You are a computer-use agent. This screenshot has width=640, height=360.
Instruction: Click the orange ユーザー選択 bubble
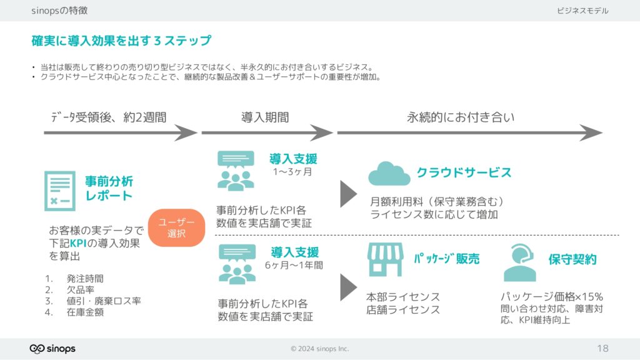pyautogui.click(x=176, y=227)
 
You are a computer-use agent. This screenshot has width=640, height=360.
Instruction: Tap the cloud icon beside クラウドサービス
pyautogui.click(x=389, y=174)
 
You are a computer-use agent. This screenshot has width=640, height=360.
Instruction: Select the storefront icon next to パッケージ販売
pyautogui.click(x=385, y=259)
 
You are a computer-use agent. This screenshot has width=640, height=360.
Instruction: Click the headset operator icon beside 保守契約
pyautogui.click(x=519, y=262)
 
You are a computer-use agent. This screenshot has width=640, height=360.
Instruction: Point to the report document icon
pyautogui.click(x=60, y=191)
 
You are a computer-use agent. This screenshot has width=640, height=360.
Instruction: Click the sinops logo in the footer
pyautogui.click(x=52, y=349)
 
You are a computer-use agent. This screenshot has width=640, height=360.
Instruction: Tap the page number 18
pyautogui.click(x=602, y=348)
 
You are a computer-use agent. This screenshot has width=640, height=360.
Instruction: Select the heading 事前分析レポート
pyautogui.click(x=109, y=188)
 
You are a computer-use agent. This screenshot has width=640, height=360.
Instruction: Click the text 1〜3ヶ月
pyautogui.click(x=292, y=172)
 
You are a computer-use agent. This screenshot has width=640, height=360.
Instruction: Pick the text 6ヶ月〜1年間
pyautogui.click(x=294, y=265)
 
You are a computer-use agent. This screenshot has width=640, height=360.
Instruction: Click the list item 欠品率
pyautogui.click(x=81, y=290)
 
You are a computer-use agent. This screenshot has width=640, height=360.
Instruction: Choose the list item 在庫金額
pyautogui.click(x=85, y=312)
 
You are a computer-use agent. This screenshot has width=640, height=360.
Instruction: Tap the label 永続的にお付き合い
pyautogui.click(x=461, y=117)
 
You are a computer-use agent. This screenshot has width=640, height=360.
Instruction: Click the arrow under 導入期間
pyautogui.click(x=267, y=132)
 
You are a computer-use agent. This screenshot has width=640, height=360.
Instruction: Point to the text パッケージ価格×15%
pyautogui.click(x=551, y=297)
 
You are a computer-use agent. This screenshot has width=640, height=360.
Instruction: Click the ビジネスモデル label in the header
pyautogui.click(x=582, y=11)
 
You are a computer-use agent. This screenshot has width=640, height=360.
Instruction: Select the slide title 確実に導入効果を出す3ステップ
pyautogui.click(x=121, y=41)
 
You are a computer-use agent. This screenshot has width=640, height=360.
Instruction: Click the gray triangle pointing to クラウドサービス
pyautogui.click(x=349, y=194)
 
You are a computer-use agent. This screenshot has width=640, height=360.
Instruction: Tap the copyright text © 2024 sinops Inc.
pyautogui.click(x=319, y=349)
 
